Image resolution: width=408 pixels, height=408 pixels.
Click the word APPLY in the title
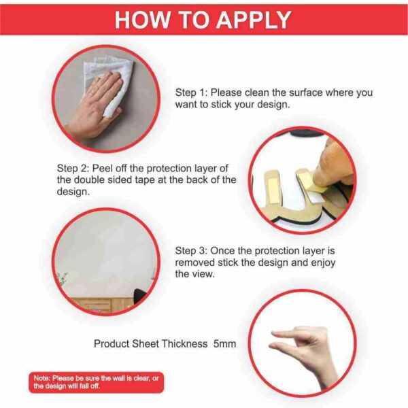pos(254,20)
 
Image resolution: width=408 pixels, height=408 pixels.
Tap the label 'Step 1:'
pos(191,92)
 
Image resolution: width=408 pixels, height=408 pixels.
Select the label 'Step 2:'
pos(73,169)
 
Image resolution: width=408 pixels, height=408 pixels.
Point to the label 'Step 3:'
pos(191,251)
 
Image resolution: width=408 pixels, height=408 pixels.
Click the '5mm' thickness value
pos(224,343)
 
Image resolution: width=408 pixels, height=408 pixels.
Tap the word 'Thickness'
pos(185,343)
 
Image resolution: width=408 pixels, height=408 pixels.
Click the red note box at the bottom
pos(97,382)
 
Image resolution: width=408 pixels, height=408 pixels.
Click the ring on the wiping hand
pos(92,91)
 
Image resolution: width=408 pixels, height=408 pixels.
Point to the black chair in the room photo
pos(139,296)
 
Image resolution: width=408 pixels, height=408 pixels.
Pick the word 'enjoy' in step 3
pos(323,262)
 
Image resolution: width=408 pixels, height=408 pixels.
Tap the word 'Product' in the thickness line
pos(112,343)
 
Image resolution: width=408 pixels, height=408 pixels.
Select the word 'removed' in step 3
pos(195,262)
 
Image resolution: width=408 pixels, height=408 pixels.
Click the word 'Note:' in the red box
pos(41,378)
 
